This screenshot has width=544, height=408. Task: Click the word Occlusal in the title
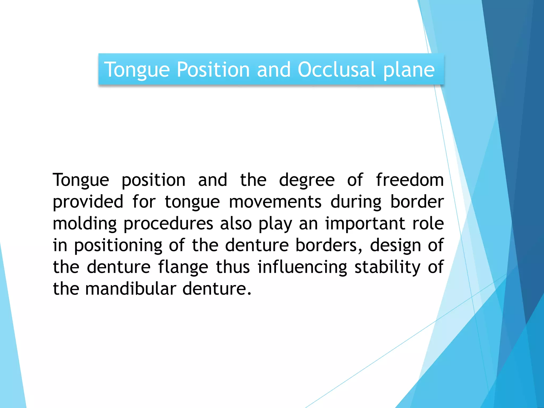(x=336, y=70)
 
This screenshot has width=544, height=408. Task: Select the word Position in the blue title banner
(x=213, y=70)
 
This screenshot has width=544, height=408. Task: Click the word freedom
(x=410, y=180)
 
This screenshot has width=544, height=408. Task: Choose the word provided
(x=88, y=202)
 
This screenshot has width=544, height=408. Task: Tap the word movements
(x=275, y=202)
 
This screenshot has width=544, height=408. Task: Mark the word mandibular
(x=130, y=289)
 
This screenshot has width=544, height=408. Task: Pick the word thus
(x=233, y=267)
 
